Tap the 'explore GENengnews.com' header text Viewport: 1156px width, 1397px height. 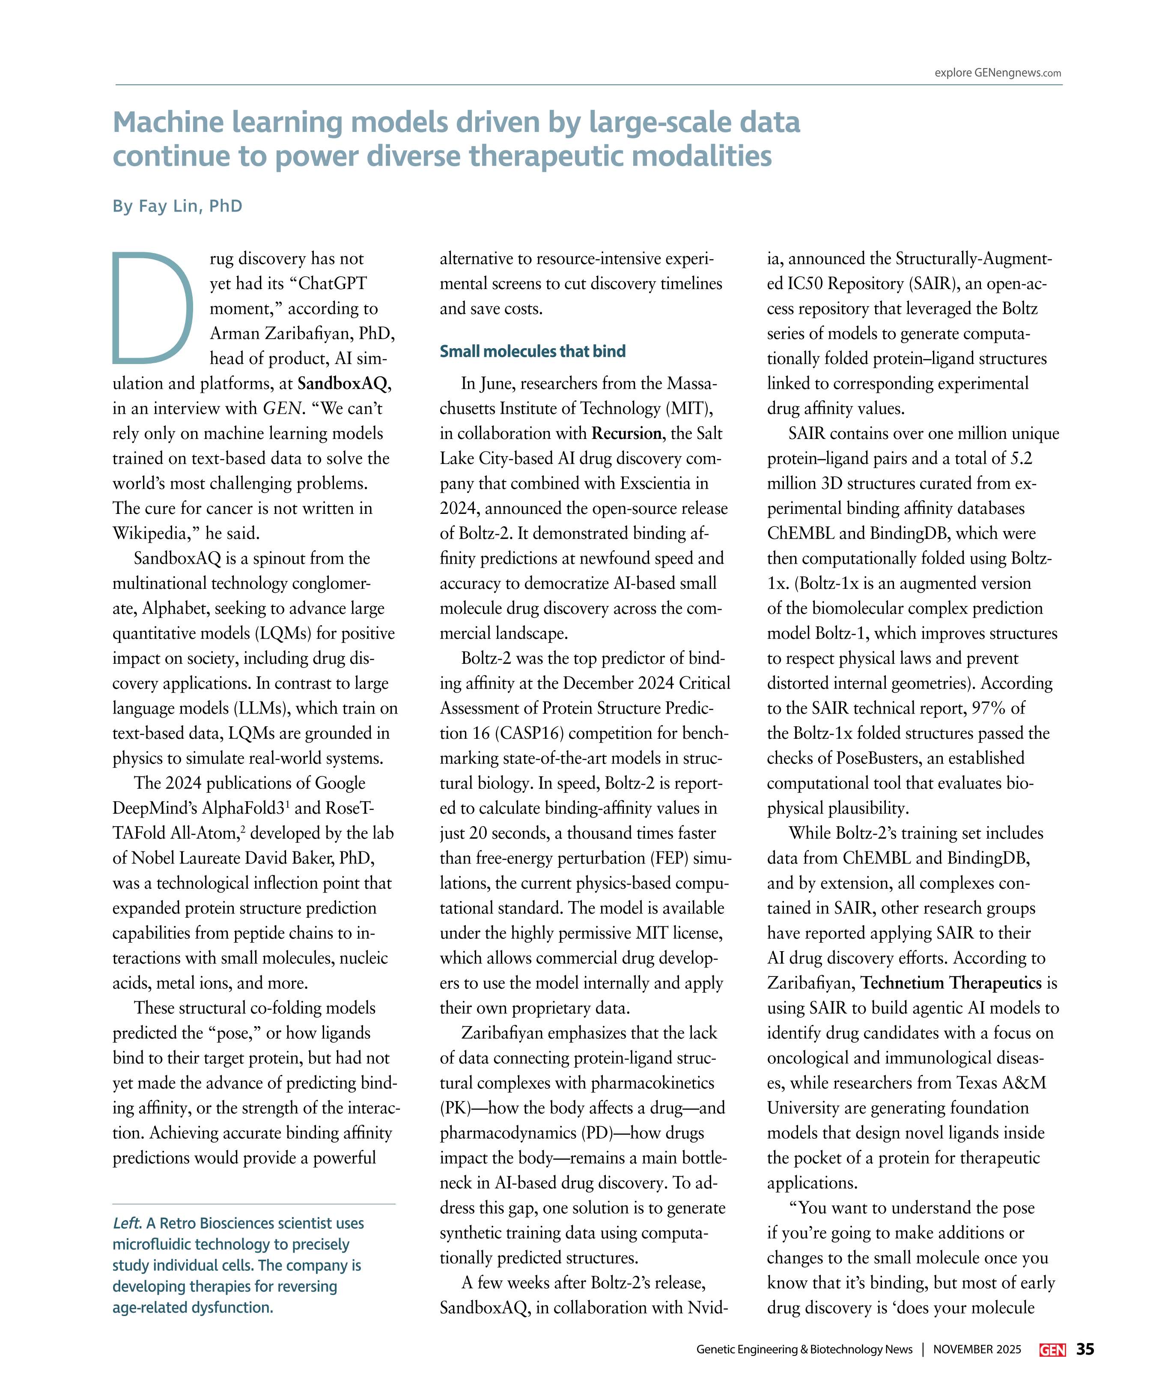point(997,73)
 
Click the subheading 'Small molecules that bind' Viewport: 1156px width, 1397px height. point(532,351)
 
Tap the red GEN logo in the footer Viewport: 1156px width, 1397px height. point(1052,1350)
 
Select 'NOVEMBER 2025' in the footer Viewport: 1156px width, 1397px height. point(977,1350)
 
